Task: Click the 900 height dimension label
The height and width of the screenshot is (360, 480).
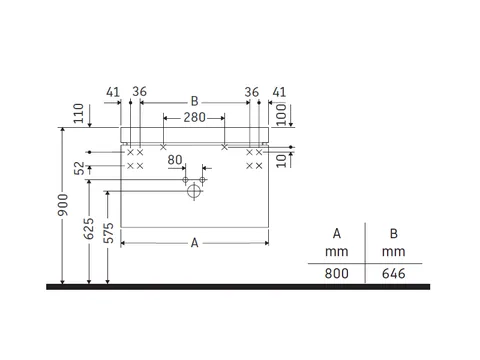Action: pos(63,204)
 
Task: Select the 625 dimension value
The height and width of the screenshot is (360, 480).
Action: pos(89,229)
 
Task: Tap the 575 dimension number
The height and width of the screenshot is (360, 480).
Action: pos(109,233)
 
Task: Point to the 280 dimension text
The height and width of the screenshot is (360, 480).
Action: pos(194,117)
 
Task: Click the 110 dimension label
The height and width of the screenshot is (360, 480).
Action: pos(78,113)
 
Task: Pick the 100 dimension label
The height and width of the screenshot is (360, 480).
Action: pos(281,114)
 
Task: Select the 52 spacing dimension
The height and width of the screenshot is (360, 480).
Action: pos(79,168)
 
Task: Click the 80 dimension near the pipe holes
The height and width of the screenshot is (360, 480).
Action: pos(175,160)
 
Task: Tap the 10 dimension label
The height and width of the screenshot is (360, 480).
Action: pos(281,161)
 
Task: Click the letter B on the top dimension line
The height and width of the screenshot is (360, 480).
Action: pos(194,101)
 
